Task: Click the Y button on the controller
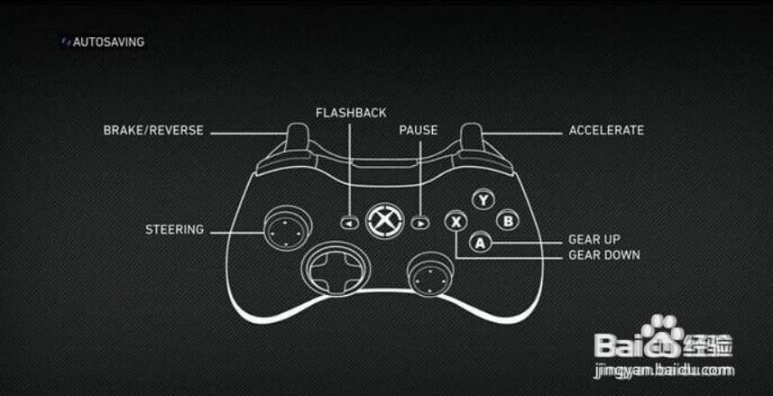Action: pyautogui.click(x=484, y=200)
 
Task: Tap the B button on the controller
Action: pyautogui.click(x=508, y=219)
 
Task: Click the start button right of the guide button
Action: pyautogui.click(x=420, y=221)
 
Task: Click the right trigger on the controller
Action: pyautogui.click(x=472, y=135)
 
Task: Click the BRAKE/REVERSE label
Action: pyautogui.click(x=153, y=131)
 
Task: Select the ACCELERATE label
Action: pyautogui.click(x=606, y=131)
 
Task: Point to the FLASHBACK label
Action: pyautogui.click(x=351, y=113)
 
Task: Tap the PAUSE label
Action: pyautogui.click(x=419, y=131)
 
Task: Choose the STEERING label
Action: pyautogui.click(x=175, y=230)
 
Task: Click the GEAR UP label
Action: pyautogui.click(x=594, y=240)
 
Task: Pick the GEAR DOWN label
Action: pyautogui.click(x=603, y=255)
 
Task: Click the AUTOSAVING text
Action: pyautogui.click(x=109, y=42)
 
